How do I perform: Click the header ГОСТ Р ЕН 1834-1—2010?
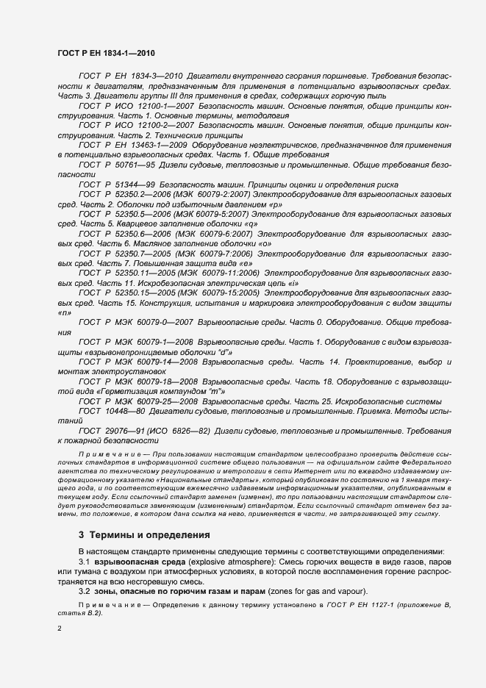point(106,54)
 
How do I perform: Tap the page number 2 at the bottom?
point(60,628)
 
